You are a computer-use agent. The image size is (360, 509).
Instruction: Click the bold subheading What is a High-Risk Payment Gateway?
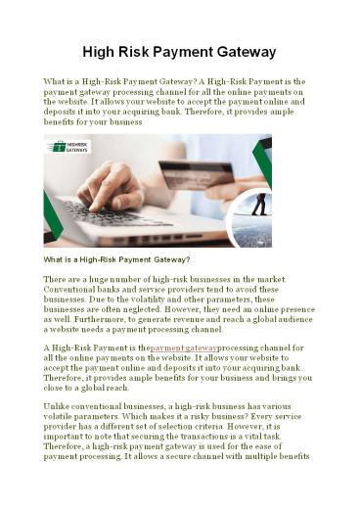click(x=116, y=259)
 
